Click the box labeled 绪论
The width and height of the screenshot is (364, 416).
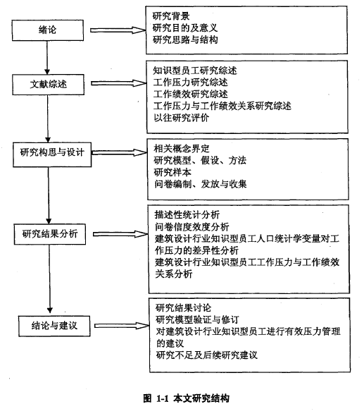(48, 30)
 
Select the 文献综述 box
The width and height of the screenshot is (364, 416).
(48, 85)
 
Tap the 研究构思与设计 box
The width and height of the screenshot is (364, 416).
(52, 154)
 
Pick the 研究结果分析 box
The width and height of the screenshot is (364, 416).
(50, 234)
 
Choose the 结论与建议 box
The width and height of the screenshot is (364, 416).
(54, 326)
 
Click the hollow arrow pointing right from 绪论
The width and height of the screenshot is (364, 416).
(118, 30)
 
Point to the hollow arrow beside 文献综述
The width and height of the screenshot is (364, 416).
(119, 83)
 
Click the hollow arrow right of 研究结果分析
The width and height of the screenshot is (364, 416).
(120, 234)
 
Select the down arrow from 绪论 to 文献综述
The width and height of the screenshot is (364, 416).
(47, 58)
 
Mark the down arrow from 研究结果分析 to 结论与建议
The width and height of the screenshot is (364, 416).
(49, 279)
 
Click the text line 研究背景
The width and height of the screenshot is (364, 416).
(171, 16)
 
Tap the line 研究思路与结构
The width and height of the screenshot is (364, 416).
(185, 39)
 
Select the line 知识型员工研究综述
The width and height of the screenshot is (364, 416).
(195, 71)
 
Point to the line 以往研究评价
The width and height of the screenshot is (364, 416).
(181, 118)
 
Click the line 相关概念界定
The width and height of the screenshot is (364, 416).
(182, 149)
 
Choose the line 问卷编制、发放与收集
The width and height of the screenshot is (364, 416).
(201, 184)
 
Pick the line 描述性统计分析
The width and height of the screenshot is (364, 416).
(187, 214)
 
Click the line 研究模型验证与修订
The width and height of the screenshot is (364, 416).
(197, 319)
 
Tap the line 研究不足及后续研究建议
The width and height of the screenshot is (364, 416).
(206, 355)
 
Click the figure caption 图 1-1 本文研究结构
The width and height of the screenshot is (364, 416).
(187, 398)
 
